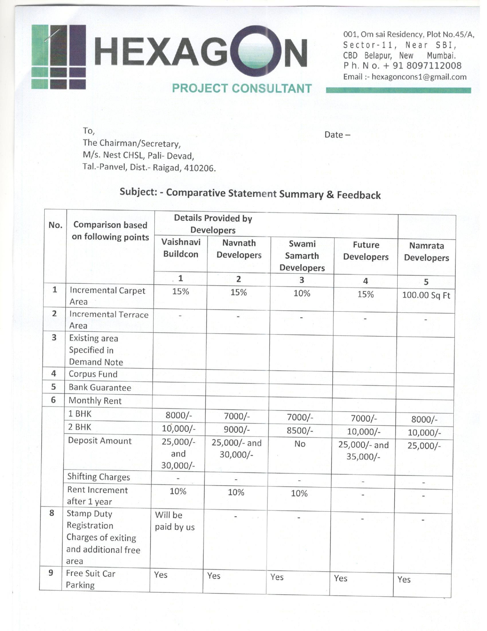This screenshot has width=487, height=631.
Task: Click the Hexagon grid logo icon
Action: [59, 57]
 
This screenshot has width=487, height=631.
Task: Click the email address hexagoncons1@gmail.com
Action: [419, 77]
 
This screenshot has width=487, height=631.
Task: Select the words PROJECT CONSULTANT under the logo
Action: [242, 89]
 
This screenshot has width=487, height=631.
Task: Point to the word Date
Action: [333, 135]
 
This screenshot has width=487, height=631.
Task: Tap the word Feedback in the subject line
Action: [359, 195]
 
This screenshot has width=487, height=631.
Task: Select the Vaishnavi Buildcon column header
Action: [181, 248]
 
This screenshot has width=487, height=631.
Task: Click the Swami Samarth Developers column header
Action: [302, 255]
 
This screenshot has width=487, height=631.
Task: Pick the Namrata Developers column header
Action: [426, 252]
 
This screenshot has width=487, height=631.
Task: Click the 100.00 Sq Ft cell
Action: [426, 296]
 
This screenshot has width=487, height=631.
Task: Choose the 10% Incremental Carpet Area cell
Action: [302, 293]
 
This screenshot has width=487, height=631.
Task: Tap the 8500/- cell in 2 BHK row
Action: [300, 431]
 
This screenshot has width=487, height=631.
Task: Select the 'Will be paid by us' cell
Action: [175, 521]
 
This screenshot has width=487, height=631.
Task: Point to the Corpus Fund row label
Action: [93, 374]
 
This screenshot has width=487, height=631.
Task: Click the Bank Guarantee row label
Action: [100, 387]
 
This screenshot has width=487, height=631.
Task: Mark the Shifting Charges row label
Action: [99, 477]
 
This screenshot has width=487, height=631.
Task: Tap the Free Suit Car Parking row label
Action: [91, 579]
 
